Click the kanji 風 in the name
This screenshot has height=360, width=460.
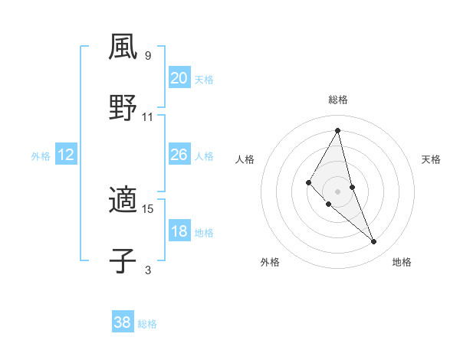(123, 47)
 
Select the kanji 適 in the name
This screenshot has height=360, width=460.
(123, 200)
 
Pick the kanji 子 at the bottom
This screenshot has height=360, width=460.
(123, 261)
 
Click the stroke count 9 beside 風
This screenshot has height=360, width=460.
(148, 56)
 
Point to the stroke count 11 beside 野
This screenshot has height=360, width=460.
(148, 117)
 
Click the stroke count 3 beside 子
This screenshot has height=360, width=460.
(148, 270)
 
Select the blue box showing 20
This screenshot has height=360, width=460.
(179, 78)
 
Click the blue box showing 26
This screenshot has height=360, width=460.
(179, 155)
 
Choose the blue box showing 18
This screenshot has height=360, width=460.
(179, 231)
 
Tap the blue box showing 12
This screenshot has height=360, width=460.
(65, 155)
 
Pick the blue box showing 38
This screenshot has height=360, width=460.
(122, 322)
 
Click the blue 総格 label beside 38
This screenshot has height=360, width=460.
(147, 324)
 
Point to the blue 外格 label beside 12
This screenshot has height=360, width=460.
(41, 156)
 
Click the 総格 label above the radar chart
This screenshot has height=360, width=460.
(338, 100)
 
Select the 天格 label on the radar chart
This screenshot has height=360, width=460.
(432, 159)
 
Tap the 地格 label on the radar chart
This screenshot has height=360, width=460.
(402, 262)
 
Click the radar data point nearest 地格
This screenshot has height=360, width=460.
(374, 241)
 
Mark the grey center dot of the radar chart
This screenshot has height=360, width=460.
(338, 191)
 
